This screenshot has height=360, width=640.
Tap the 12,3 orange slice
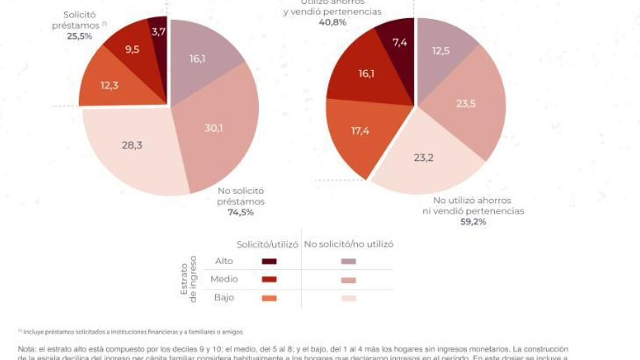pos(110,85)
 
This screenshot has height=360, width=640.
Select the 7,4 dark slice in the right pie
pos(400,42)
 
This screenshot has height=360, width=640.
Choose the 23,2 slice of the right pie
pos(425,158)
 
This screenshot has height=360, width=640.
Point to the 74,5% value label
pos(241,212)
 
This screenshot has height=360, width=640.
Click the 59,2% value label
pos(473,222)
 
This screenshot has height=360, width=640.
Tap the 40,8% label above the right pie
pos(333,22)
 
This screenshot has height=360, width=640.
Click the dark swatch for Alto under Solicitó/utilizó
pos(269,261)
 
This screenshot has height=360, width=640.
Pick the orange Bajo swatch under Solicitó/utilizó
pos(269,298)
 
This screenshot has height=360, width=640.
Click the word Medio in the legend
pos(224,279)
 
